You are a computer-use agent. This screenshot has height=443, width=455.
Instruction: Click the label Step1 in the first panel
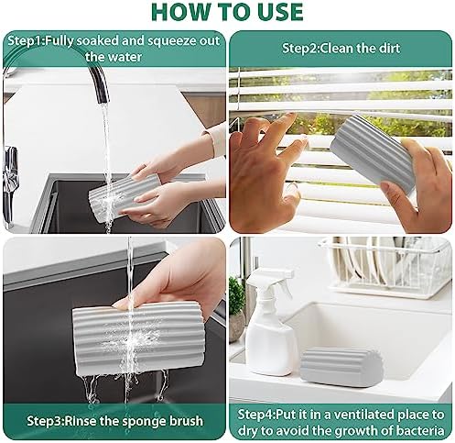25,41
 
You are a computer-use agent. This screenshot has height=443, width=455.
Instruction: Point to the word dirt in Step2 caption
388,49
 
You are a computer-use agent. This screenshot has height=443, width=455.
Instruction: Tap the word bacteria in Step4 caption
420,430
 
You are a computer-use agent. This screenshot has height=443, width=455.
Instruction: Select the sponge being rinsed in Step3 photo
138,338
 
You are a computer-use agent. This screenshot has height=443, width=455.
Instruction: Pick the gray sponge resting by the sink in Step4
341,367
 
